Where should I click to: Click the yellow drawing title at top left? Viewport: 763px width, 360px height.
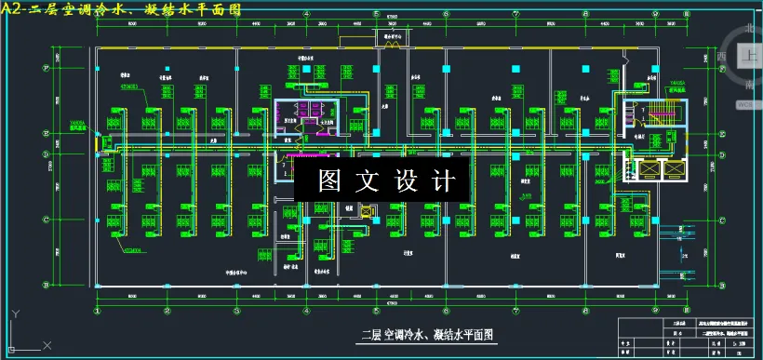(121, 9)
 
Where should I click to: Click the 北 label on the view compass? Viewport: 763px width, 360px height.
(750, 29)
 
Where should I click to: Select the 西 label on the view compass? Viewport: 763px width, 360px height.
(722, 57)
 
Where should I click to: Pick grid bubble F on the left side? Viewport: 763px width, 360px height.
(47, 67)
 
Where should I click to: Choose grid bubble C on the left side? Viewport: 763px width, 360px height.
(47, 220)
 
